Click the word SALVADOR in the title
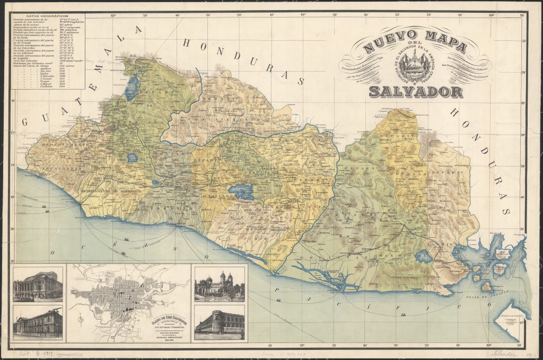point(415,91)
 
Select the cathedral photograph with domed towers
point(220,284)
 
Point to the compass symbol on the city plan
point(79,320)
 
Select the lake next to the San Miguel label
point(425,255)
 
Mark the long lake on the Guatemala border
point(131,88)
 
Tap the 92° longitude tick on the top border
point(113,15)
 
